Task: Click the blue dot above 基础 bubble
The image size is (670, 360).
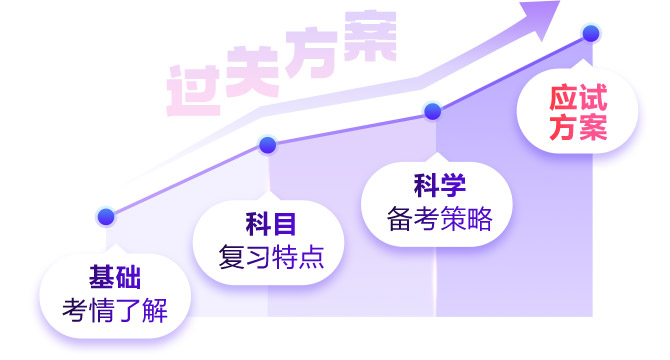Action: click(106, 217)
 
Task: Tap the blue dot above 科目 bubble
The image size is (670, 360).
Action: click(267, 145)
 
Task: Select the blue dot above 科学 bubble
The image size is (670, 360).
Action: click(432, 111)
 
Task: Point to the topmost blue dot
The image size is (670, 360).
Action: click(591, 33)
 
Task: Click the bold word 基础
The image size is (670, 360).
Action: click(115, 277)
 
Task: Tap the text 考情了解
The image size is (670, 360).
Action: click(115, 310)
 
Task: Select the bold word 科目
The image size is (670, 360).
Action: click(270, 224)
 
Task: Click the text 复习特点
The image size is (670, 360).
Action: click(271, 257)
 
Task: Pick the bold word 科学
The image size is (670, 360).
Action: click(440, 185)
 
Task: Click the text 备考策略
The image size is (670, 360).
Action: click(440, 219)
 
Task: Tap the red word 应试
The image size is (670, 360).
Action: click(578, 98)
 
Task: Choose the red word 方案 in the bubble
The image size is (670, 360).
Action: click(578, 127)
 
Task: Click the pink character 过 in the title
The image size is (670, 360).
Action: click(193, 91)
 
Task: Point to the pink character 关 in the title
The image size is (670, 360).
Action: click(253, 72)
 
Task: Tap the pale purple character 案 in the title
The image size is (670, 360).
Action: click(370, 36)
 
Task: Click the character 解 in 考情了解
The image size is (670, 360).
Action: click(155, 310)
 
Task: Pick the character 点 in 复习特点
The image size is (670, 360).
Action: click(311, 257)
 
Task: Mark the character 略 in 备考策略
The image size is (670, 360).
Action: click(480, 219)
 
